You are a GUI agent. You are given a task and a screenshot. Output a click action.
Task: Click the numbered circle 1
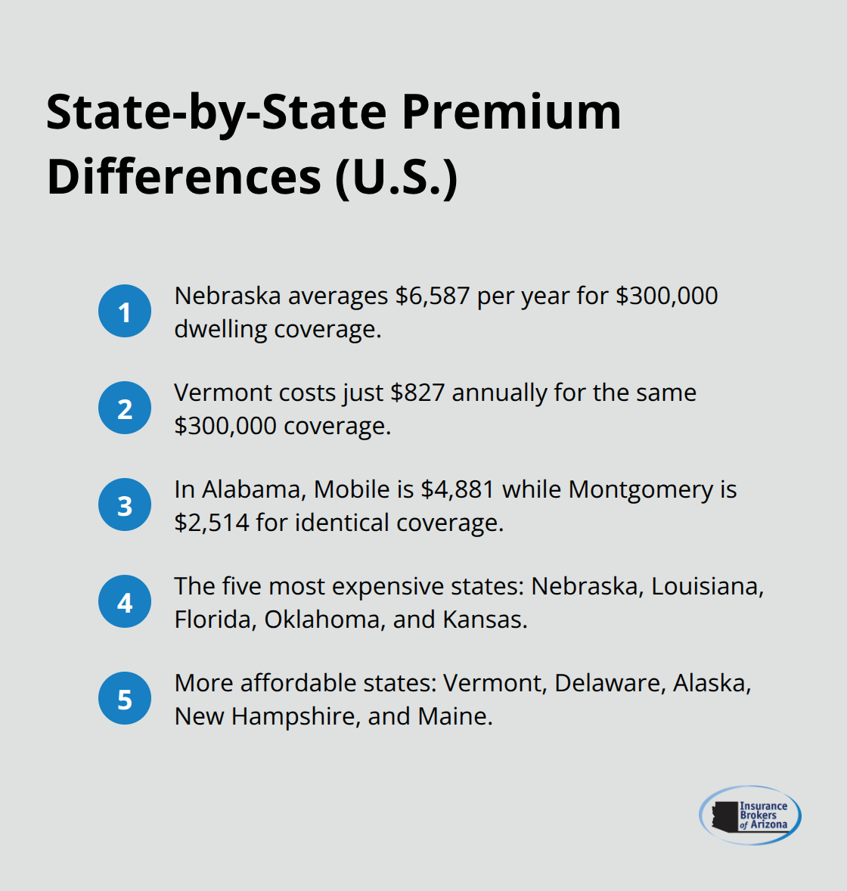coord(125,311)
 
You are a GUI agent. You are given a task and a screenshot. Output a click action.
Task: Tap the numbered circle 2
coord(125,408)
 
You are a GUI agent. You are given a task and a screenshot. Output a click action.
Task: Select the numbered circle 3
coord(125,504)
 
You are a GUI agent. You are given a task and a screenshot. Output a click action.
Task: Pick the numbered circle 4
coord(125,601)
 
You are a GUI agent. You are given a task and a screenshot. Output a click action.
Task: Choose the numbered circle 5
coord(125,698)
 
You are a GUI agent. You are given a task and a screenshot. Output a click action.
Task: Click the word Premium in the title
coord(511,112)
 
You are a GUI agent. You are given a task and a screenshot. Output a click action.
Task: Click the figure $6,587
coord(433,296)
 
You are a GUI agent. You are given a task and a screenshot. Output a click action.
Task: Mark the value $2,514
coord(212,523)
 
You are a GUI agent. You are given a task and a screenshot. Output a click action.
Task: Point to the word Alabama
coord(254,489)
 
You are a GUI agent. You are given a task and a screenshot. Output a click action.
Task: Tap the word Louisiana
coord(706,586)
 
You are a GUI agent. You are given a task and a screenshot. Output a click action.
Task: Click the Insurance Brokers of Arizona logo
coord(749,815)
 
